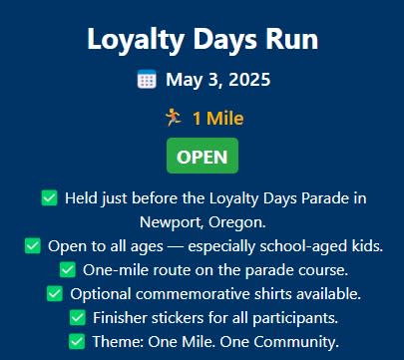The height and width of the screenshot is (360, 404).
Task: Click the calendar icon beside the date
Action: [x=147, y=79]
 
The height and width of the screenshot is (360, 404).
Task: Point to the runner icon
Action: [x=174, y=118]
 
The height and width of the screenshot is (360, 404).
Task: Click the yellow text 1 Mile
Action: [x=218, y=119]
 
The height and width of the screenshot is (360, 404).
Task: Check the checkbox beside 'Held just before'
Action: [x=50, y=198]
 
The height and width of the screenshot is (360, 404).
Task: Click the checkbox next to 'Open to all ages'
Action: [x=33, y=246]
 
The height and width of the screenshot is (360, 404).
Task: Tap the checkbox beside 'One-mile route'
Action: [x=68, y=269]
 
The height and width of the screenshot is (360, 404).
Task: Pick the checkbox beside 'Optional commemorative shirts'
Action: [x=55, y=293]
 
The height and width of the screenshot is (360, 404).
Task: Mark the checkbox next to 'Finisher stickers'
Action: [x=78, y=317]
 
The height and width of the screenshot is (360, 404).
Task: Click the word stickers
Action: [x=178, y=318]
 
